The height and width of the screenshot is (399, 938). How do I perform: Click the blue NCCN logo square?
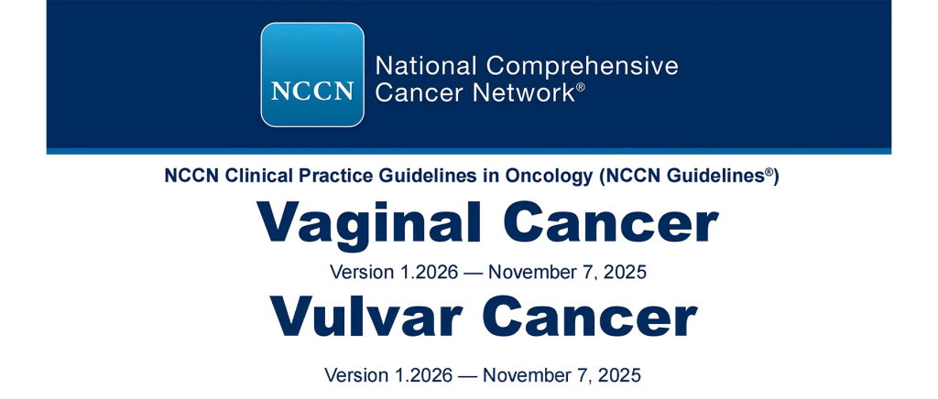pyautogui.click(x=312, y=75)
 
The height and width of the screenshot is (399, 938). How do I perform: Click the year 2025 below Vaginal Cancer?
pyautogui.click(x=625, y=272)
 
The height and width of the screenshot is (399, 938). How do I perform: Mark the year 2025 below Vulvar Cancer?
pyautogui.click(x=620, y=375)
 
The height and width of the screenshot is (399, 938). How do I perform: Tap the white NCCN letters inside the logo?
pyautogui.click(x=312, y=92)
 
